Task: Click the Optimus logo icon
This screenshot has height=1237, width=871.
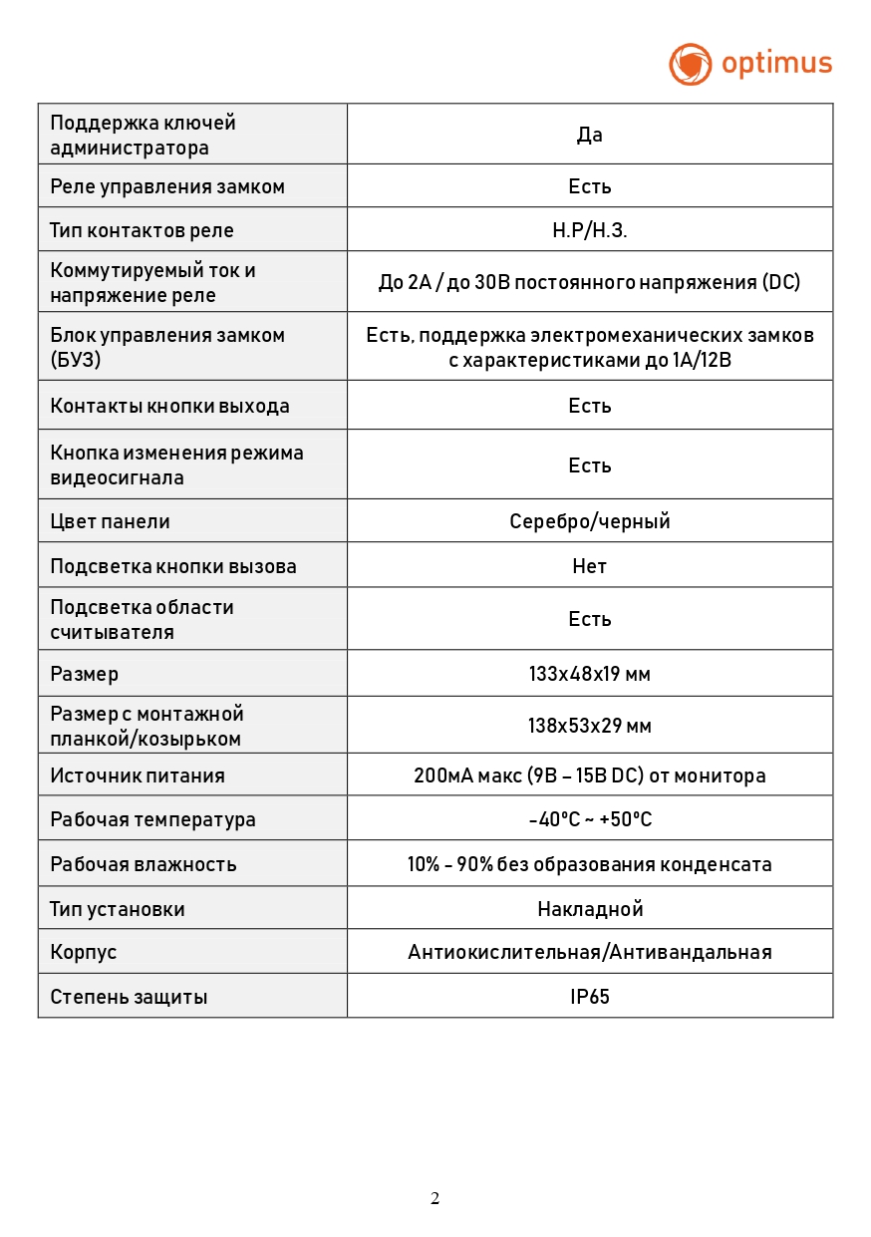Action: click(x=690, y=64)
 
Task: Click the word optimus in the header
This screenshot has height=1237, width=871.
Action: click(x=776, y=64)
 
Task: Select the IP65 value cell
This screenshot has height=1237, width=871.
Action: click(x=590, y=996)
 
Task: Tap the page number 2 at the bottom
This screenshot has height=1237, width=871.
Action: click(x=435, y=1198)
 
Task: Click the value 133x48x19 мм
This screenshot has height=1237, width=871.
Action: click(x=590, y=674)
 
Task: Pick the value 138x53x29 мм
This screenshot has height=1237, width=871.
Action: click(x=590, y=726)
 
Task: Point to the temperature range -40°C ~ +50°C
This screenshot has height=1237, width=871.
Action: click(x=590, y=819)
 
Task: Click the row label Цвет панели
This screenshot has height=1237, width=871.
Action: click(x=110, y=521)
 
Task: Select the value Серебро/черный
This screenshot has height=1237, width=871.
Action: click(x=590, y=521)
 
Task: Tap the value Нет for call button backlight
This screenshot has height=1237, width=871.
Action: click(x=590, y=566)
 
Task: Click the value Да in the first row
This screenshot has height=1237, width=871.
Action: click(x=590, y=135)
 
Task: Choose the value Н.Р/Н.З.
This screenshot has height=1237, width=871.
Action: click(x=590, y=230)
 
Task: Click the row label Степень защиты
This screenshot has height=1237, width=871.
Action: click(x=129, y=997)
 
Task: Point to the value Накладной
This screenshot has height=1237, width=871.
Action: click(x=590, y=909)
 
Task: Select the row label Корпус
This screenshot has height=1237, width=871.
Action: click(x=84, y=952)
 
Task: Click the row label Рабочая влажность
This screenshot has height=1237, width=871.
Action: click(x=144, y=864)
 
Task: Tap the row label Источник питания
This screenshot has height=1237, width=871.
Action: click(x=138, y=775)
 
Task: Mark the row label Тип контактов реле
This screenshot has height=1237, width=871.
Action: click(x=142, y=230)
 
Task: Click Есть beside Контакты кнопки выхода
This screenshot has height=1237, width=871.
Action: click(x=590, y=406)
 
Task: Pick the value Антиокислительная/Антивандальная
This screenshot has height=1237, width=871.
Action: click(x=590, y=952)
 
